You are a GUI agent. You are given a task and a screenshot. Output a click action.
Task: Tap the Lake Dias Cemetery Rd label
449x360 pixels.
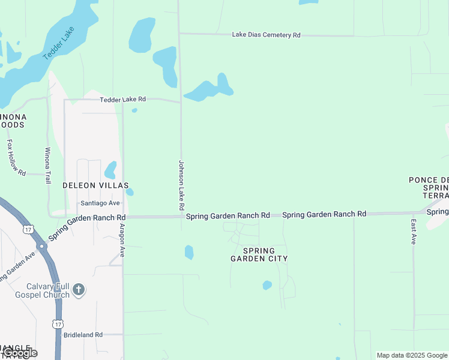[266, 35]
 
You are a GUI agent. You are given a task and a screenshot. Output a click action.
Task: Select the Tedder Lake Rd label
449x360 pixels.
[122, 99]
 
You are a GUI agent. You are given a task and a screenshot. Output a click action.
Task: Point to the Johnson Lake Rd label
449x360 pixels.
[181, 185]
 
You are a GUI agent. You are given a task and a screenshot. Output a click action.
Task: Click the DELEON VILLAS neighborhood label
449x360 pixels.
[96, 186]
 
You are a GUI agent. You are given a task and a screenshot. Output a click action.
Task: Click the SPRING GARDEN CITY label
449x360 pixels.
[259, 254]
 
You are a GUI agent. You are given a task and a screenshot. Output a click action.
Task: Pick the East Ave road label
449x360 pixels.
[414, 231]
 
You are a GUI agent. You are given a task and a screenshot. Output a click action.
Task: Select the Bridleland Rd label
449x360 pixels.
[84, 335]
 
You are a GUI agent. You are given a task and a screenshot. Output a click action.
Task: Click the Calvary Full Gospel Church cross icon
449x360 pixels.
[79, 291]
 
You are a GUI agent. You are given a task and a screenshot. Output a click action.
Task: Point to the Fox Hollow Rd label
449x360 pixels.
[16, 158]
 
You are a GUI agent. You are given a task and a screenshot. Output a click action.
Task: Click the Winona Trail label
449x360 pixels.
[47, 166]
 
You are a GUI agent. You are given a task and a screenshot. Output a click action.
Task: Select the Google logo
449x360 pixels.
[20, 353]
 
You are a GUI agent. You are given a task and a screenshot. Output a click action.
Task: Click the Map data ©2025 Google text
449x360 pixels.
[412, 355]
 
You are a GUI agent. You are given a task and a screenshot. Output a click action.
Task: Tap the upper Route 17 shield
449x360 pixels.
[28, 229]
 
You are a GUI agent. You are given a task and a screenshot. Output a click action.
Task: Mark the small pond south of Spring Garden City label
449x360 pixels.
[267, 286]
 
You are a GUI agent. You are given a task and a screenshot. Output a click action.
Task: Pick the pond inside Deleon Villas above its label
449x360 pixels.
[110, 170]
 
